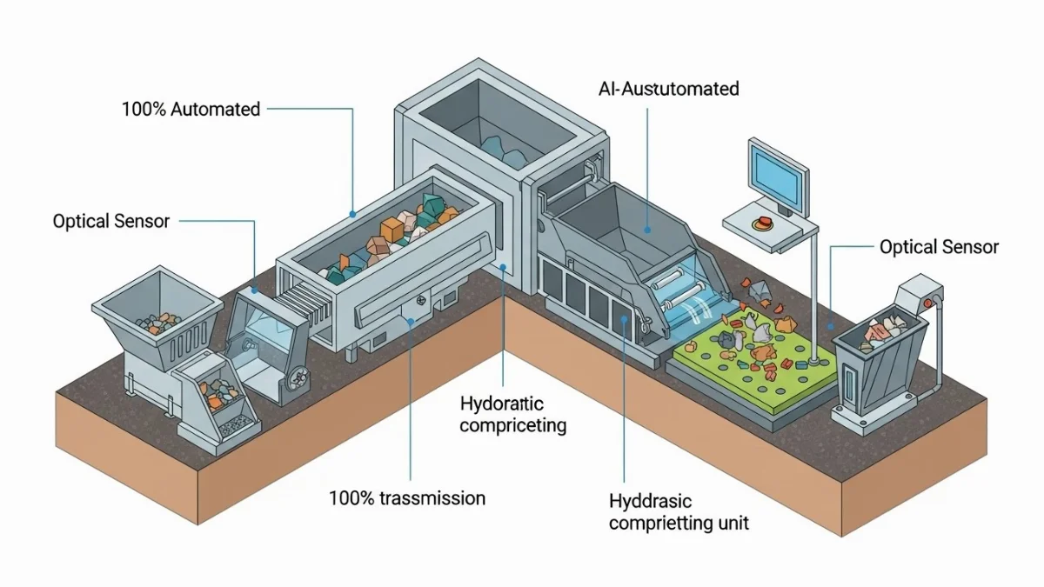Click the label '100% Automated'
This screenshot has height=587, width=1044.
pyautogui.click(x=191, y=110)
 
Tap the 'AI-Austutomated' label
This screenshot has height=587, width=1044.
pyautogui.click(x=669, y=89)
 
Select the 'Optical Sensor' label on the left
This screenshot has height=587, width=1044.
pyautogui.click(x=111, y=221)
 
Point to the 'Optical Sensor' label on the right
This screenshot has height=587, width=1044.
pyautogui.click(x=939, y=247)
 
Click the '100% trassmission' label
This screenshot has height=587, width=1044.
pyautogui.click(x=406, y=498)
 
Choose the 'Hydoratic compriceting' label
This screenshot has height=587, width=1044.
pyautogui.click(x=512, y=414)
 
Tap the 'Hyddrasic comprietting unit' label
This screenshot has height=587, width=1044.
pyautogui.click(x=679, y=512)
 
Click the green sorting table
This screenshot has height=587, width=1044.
pyautogui.click(x=748, y=365)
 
